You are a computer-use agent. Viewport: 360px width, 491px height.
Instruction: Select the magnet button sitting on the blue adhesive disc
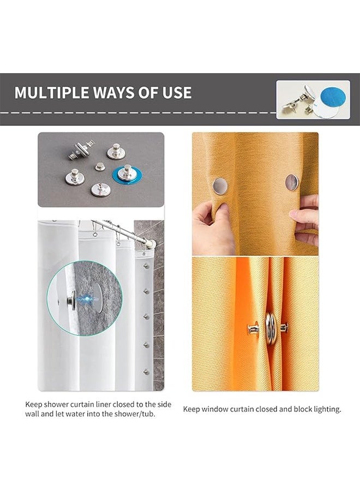pos(127,173)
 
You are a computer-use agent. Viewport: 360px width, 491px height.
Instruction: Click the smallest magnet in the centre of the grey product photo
pos(100,166)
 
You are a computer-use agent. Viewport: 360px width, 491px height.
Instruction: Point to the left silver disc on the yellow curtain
pos(220,185)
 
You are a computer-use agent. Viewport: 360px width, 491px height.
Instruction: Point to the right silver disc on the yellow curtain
pos(291,182)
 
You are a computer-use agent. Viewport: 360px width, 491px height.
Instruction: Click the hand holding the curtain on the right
pos(305,219)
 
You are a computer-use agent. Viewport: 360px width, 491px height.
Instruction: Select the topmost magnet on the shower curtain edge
pos(146,266)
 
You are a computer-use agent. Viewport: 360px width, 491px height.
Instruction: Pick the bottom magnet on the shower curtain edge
pos(146,372)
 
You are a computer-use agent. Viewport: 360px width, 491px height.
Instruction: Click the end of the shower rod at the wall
pos(151,244)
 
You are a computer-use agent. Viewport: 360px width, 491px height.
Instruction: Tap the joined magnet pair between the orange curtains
pos(269,329)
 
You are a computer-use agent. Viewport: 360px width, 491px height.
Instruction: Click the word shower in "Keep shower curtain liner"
pos(56,404)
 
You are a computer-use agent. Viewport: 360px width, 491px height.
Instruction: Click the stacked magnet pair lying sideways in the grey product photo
pos(81,149)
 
